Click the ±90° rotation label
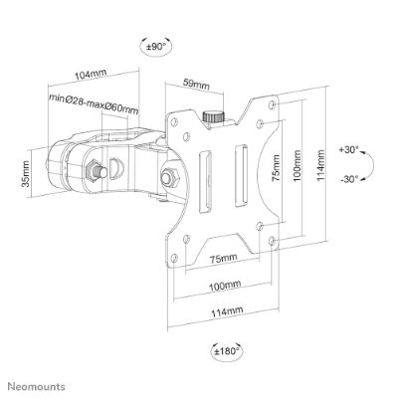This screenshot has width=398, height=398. click(x=155, y=47)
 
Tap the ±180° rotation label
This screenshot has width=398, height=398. click(x=227, y=350)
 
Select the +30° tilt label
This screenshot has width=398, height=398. click(x=348, y=149)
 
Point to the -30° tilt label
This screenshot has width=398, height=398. click(x=349, y=179)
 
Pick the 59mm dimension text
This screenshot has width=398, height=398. click(x=197, y=85)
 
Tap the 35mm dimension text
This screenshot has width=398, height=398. click(x=26, y=174)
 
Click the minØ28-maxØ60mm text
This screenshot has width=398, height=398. click(x=94, y=103)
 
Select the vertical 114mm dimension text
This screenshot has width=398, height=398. click(x=320, y=165)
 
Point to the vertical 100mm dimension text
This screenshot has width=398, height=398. click(x=297, y=165)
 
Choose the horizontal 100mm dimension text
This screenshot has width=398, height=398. click(x=225, y=285)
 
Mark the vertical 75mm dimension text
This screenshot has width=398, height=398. click(x=276, y=168)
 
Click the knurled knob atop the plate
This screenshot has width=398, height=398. click(x=213, y=116)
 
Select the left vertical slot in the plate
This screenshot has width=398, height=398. click(x=205, y=182)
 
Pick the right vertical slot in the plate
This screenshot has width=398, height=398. click(x=241, y=176)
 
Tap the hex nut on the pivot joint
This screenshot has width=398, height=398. click(x=169, y=175)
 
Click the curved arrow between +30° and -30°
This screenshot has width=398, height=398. click(x=373, y=165)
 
